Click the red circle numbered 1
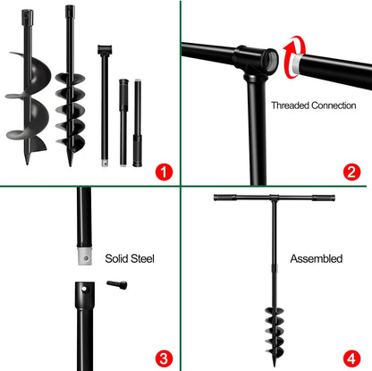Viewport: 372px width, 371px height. pyautogui.click(x=162, y=170)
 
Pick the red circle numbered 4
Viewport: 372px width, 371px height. pyautogui.click(x=351, y=358)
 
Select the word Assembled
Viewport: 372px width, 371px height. pyautogui.click(x=316, y=258)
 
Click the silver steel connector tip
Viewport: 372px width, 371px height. pyautogui.click(x=82, y=256)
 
